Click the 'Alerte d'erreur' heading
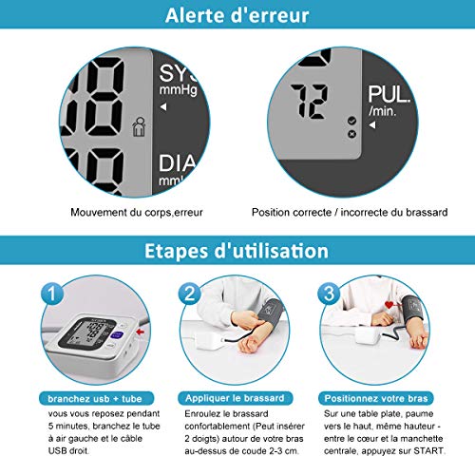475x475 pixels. click(x=237, y=16)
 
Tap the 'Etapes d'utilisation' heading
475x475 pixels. click(x=237, y=252)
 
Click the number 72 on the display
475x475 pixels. click(x=313, y=100)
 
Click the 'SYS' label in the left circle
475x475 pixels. click(x=175, y=75)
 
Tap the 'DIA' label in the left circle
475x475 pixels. click(x=175, y=162)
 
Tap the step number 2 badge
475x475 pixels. click(x=189, y=294)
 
